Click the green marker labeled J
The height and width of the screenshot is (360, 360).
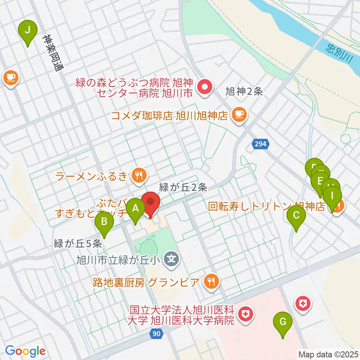[x=27, y=30]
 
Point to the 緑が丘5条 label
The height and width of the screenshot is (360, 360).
[x=78, y=243]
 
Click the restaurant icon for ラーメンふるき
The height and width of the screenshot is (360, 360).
[x=139, y=174]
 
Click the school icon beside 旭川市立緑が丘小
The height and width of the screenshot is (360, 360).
[x=172, y=258]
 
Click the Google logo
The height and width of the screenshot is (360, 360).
[x=25, y=351]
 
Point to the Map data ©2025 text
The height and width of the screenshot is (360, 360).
[x=328, y=354]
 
